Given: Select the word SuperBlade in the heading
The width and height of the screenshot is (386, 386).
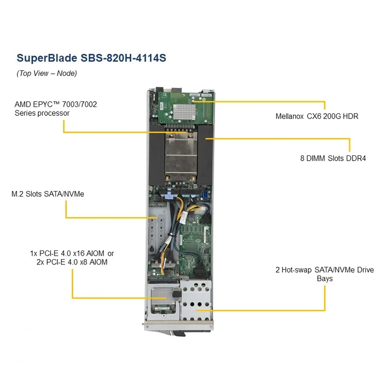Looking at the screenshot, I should [x=47, y=58].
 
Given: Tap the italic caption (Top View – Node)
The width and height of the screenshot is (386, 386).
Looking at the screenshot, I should [x=47, y=73].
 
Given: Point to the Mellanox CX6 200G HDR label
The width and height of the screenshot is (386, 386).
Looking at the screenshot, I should [x=317, y=116].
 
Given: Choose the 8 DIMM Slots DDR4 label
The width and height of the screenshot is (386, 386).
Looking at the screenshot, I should [x=332, y=158].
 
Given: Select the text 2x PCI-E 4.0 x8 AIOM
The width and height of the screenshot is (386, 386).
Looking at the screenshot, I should [x=72, y=262].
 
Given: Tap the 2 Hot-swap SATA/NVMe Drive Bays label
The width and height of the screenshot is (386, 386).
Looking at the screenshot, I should [x=324, y=274].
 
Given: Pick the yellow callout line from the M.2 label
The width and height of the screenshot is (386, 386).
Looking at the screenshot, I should [x=106, y=217].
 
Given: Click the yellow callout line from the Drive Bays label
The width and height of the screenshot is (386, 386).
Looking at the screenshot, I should [x=270, y=311].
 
